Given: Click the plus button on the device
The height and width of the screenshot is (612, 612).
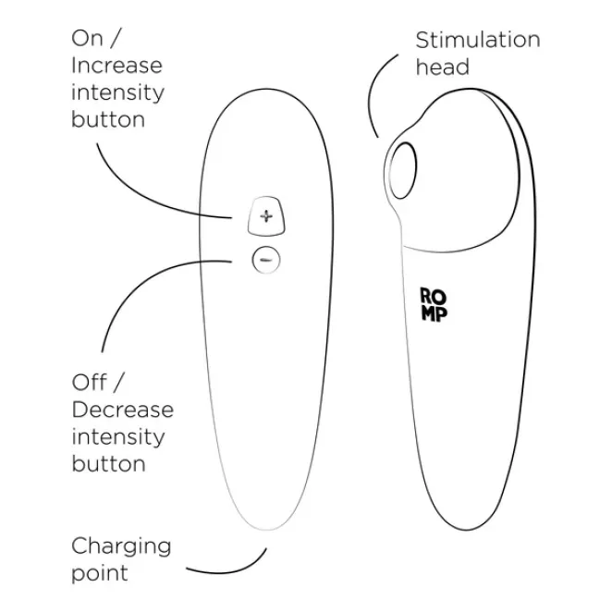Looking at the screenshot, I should (266, 216).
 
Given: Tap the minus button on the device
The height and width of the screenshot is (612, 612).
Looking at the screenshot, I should (265, 261).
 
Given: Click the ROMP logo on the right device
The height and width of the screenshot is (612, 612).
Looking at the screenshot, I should (432, 305).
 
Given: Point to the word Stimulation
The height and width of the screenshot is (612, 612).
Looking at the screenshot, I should (477, 40).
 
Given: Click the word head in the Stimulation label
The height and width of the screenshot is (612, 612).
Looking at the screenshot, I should (442, 67).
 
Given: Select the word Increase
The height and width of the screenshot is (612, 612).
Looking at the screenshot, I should (116, 66).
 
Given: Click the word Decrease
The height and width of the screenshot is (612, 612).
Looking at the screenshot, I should (122, 410).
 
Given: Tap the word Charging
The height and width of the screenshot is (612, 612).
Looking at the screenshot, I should (121, 545).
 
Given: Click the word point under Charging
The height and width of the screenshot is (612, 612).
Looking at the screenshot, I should (100, 572).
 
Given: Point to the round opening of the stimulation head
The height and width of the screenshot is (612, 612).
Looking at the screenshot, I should (401, 169).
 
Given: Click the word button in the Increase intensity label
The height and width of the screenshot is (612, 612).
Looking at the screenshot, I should (108, 119).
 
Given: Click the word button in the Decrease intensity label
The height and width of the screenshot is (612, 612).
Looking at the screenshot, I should (108, 463).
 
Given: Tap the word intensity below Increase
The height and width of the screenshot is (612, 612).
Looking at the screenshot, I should (117, 92).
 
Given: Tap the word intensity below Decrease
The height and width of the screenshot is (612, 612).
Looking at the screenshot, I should (117, 436).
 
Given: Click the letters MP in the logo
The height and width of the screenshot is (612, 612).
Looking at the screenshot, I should (432, 313).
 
